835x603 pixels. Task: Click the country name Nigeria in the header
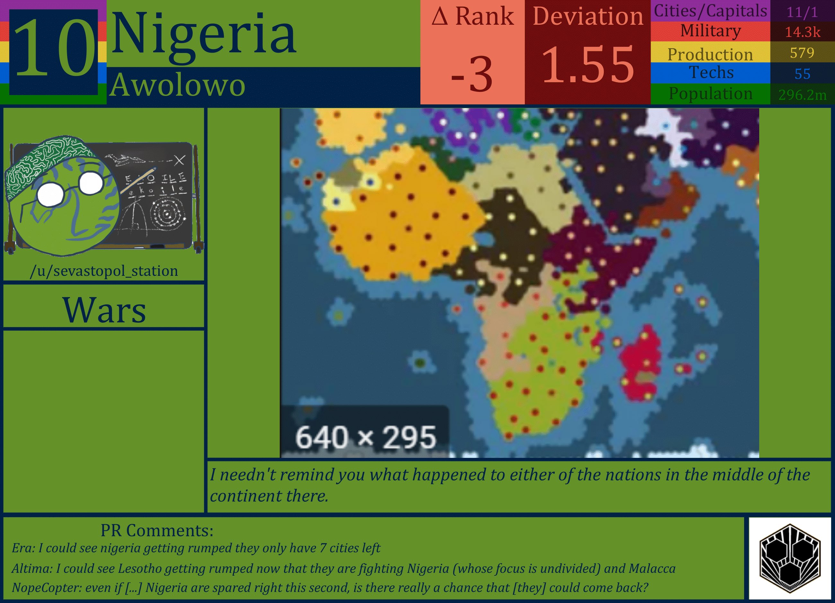pos(203,34)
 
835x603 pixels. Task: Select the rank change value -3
pos(472,75)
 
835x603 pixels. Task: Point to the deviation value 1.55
pos(588,66)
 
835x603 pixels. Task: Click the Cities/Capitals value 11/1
pos(802,12)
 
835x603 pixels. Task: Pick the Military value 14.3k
pos(802,32)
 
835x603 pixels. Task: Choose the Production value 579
pos(802,53)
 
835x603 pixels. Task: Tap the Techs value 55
pos(802,74)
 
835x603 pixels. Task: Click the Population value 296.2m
pos(802,95)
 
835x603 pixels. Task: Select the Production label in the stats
pos(710,54)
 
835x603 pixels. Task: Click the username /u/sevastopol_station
pos(104,271)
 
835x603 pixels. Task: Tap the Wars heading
pos(104,310)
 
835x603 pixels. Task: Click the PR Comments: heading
pos(157,530)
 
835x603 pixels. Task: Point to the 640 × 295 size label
pos(365,437)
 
